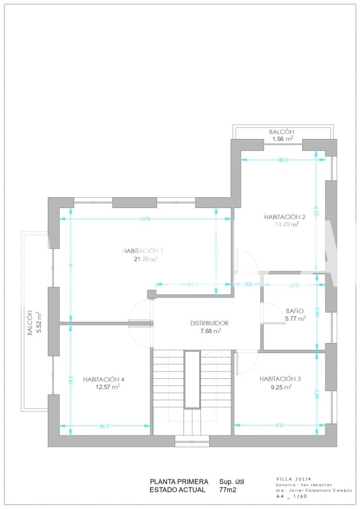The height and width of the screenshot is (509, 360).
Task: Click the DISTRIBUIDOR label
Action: (209, 323)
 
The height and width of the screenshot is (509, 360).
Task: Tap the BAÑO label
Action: (295, 310)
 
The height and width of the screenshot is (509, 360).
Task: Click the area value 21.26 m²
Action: (145, 259)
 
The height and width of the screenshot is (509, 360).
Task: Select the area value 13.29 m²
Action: (285, 224)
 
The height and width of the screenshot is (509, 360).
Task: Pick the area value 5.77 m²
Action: (295, 319)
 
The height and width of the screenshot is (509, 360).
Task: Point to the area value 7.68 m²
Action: (210, 331)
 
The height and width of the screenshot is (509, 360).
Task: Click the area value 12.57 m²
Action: (107, 387)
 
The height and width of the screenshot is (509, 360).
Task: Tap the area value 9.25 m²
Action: (280, 387)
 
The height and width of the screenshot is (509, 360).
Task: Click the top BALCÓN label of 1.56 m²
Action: (282, 131)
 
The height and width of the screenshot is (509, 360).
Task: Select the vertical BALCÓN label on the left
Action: (30, 322)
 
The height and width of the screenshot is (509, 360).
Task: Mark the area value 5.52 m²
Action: (38, 322)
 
